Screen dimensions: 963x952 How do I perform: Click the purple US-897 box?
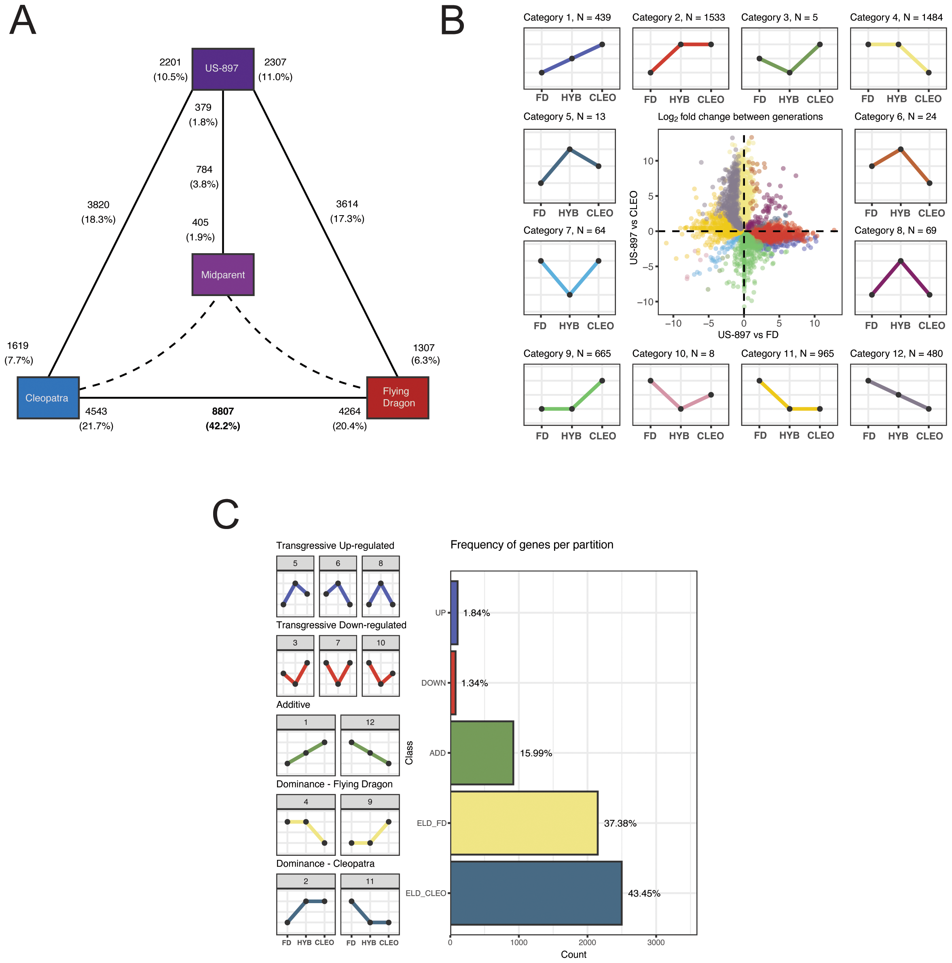tap(223, 69)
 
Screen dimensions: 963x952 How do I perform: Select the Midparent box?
tap(223, 275)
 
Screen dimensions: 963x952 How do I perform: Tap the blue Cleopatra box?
tap(48, 398)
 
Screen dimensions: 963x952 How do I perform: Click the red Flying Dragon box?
tap(397, 397)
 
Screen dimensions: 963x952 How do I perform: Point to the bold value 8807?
tap(223, 411)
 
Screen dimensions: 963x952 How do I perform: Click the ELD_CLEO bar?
tap(536, 893)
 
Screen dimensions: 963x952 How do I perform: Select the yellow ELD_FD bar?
tap(524, 823)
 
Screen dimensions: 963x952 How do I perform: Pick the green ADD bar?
tap(482, 753)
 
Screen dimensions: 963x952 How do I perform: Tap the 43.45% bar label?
tap(644, 893)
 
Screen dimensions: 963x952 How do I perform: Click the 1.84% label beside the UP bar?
tap(476, 613)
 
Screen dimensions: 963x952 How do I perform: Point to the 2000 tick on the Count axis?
tap(587, 942)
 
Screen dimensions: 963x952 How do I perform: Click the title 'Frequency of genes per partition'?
tap(531, 545)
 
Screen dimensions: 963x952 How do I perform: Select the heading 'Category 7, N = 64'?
tap(564, 230)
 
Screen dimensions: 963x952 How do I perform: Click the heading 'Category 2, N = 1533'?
tap(678, 17)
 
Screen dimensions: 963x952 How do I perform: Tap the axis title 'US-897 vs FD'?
tap(748, 334)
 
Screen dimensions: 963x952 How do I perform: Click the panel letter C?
tap(225, 514)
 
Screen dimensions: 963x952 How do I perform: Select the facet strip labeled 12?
tap(370, 722)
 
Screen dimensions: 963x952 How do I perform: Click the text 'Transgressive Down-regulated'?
tap(341, 625)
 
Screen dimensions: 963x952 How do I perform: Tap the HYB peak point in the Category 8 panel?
tap(900, 261)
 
